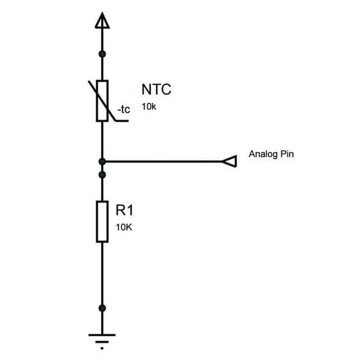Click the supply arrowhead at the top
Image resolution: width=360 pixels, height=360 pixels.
pos(102,21)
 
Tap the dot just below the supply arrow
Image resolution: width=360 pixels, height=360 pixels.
pos(102,53)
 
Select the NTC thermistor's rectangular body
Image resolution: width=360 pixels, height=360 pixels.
pos(102,100)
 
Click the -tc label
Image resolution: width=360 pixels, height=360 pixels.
pos(124,110)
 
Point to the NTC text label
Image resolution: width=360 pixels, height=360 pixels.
pos(156,89)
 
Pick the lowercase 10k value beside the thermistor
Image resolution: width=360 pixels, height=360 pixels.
pos(149,107)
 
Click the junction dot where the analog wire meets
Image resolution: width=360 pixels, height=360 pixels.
pos(102,161)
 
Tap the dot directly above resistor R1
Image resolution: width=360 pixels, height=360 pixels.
pos(102,175)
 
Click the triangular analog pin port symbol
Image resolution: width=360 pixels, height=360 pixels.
pos(230,161)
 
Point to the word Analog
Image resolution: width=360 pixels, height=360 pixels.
pos(263,154)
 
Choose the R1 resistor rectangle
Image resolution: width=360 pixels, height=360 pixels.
pos(102,222)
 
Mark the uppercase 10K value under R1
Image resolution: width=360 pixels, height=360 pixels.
pos(124,227)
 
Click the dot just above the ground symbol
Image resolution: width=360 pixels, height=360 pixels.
pos(102,308)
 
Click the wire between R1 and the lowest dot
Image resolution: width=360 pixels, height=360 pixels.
pos(102,275)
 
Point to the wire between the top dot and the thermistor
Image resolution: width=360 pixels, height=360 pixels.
pos(102,67)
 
